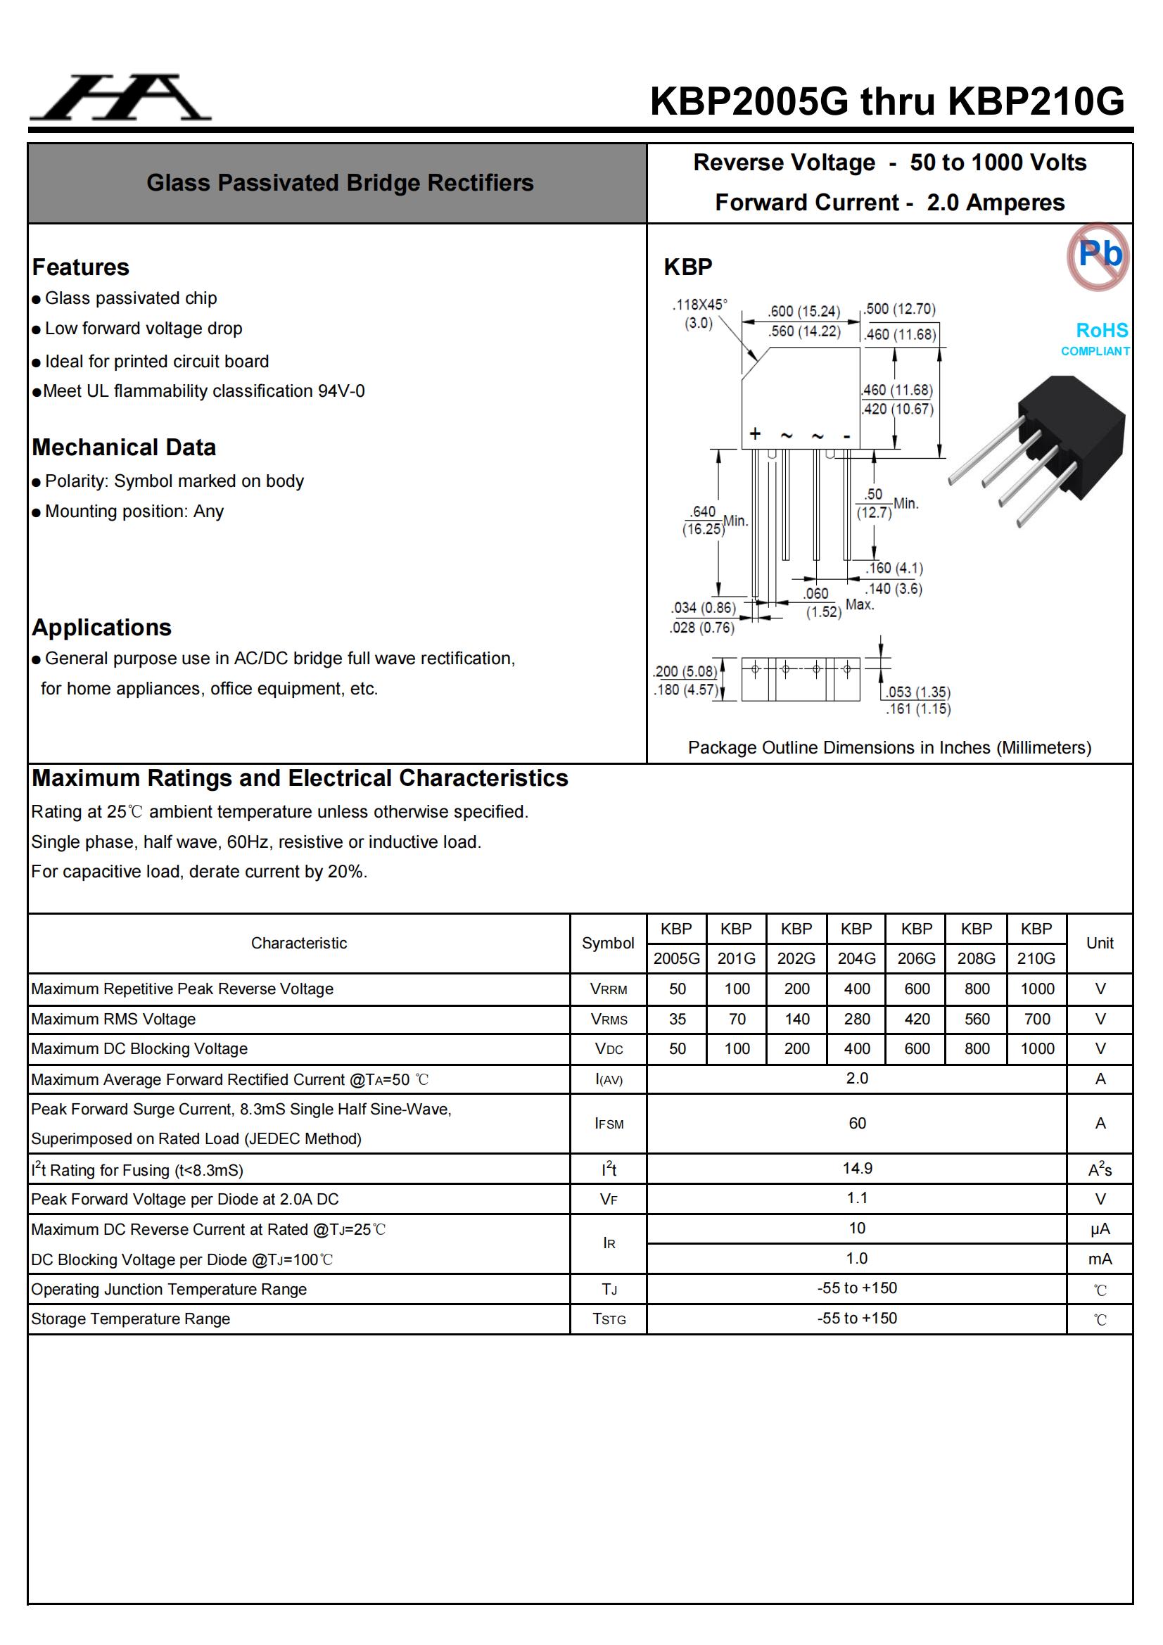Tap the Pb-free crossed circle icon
point(1098,255)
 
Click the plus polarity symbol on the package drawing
point(754,433)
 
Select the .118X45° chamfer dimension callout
point(699,314)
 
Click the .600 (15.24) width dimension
point(803,311)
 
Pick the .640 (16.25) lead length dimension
point(703,520)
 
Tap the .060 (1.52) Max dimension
point(822,602)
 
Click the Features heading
point(81,267)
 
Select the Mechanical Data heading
point(124,447)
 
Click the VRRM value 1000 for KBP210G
point(1036,989)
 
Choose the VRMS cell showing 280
point(856,1019)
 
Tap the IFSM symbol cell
point(609,1124)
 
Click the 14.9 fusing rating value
point(856,1169)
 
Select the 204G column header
point(856,958)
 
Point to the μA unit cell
point(1099,1229)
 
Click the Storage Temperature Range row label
point(131,1319)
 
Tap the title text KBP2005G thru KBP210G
point(886,101)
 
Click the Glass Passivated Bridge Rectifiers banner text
point(340,183)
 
